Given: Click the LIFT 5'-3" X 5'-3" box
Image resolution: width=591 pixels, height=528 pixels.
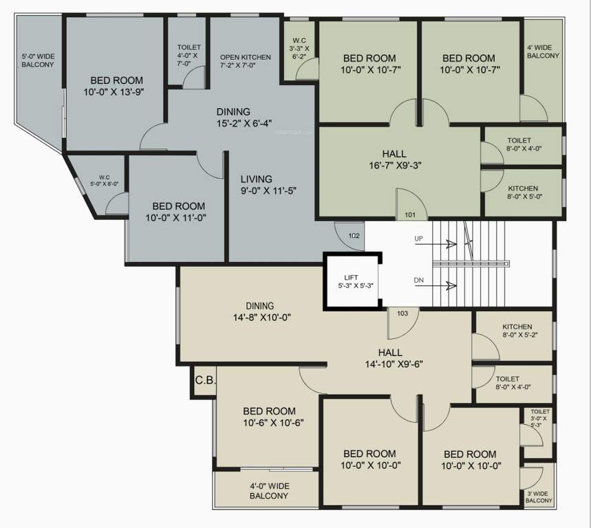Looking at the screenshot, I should click(x=352, y=282).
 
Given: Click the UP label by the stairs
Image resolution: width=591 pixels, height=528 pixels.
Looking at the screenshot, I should click(x=418, y=239).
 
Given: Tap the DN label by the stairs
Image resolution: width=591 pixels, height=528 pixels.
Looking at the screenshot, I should click(x=418, y=280).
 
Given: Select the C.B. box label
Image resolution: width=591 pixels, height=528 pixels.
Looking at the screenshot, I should click(x=204, y=380).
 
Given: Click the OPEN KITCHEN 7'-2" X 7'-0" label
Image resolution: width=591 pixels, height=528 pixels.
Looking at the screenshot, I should click(x=246, y=62).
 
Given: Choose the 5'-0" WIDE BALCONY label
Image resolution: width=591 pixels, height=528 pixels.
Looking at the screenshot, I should click(x=38, y=60).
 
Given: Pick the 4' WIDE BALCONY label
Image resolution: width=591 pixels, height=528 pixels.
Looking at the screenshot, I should click(x=544, y=52).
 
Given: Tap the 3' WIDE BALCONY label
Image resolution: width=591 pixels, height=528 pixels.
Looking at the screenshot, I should click(x=539, y=497).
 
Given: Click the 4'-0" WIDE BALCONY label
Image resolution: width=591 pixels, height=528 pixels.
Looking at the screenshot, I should click(x=268, y=491).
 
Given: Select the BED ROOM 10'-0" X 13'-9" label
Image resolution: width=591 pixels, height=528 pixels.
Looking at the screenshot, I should click(x=114, y=85).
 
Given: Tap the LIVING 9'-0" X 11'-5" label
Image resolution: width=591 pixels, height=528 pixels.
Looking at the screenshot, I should click(x=268, y=184).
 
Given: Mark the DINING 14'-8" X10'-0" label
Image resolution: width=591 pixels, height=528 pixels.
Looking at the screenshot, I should click(x=260, y=312).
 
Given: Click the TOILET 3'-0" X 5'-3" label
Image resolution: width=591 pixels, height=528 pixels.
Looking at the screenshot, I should click(x=539, y=418).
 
